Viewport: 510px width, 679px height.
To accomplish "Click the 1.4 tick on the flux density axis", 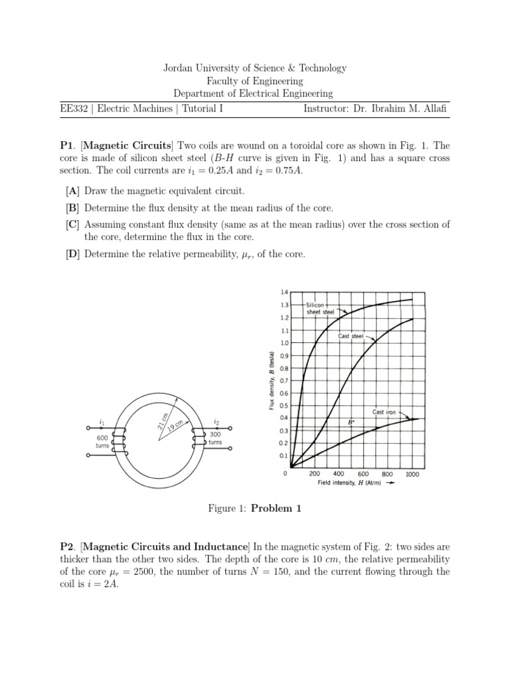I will pyautogui.click(x=284, y=292).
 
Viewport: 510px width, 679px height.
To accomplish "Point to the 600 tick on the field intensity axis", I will pyautogui.click(x=363, y=473).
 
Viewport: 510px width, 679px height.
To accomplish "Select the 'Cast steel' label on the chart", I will pyautogui.click(x=351, y=336).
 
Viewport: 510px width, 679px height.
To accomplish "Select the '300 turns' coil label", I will pyautogui.click(x=216, y=438).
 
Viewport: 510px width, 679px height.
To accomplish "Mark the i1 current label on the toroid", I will pyautogui.click(x=102, y=422).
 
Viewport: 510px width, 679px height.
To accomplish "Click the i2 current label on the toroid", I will pyautogui.click(x=216, y=421).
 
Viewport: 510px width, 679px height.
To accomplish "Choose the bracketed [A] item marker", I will pyautogui.click(x=72, y=191).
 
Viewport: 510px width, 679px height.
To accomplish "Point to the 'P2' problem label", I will pyautogui.click(x=67, y=547).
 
